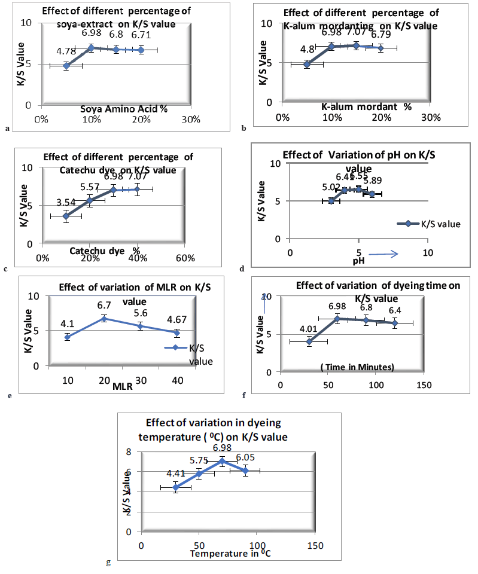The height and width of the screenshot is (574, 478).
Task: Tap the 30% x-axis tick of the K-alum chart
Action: (x=431, y=117)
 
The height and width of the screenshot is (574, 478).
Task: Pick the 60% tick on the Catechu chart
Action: (x=185, y=258)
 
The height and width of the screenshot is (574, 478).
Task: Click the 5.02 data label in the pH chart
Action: (x=331, y=188)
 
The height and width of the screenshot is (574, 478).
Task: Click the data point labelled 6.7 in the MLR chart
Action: (x=103, y=319)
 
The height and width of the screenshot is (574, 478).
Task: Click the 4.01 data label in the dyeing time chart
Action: (x=308, y=328)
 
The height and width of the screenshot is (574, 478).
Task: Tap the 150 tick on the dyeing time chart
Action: (x=424, y=386)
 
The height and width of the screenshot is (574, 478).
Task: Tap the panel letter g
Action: (x=108, y=562)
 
